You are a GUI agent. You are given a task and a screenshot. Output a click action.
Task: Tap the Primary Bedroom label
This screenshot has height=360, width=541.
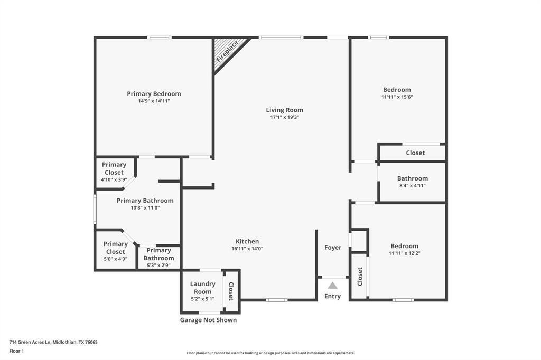coord(154,94)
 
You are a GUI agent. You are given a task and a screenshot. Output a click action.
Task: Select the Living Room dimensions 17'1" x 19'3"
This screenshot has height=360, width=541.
coord(284,117)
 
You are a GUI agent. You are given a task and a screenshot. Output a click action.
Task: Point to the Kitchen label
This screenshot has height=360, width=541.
coord(247,241)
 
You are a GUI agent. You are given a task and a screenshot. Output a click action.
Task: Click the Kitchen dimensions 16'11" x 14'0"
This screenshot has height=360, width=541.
coord(247,249)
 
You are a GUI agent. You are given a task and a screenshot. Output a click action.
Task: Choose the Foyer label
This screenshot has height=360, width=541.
coord(333,248)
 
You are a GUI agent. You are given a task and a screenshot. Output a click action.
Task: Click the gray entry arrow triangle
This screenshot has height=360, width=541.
coord(332,286)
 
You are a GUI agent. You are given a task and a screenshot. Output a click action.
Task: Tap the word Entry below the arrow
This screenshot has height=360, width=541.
coord(332,296)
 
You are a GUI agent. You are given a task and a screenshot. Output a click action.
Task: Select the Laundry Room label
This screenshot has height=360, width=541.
coord(202,288)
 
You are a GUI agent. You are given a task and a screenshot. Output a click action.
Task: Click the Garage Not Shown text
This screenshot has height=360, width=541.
coord(208,320)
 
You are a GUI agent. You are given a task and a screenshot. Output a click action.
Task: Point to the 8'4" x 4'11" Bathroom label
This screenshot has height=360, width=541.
coord(413,178)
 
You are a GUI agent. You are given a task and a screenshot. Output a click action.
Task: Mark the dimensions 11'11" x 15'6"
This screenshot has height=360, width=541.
coord(397,97)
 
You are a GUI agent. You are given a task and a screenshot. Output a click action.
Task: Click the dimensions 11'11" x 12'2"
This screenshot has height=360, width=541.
coord(405,253)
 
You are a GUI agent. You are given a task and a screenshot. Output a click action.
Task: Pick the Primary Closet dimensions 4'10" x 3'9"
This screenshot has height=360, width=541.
coord(114,180)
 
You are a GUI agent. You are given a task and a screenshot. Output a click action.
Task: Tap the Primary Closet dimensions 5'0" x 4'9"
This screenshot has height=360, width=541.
coord(115,259)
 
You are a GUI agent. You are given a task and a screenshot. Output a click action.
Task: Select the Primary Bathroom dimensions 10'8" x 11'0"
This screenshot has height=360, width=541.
coord(145,208)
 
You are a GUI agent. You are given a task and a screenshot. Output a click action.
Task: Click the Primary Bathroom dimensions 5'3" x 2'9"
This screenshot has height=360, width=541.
coord(158,266)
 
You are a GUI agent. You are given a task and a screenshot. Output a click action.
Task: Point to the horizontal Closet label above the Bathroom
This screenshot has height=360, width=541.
coord(415,153)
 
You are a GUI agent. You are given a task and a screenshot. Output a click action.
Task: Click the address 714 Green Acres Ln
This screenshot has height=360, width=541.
coord(53,342)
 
